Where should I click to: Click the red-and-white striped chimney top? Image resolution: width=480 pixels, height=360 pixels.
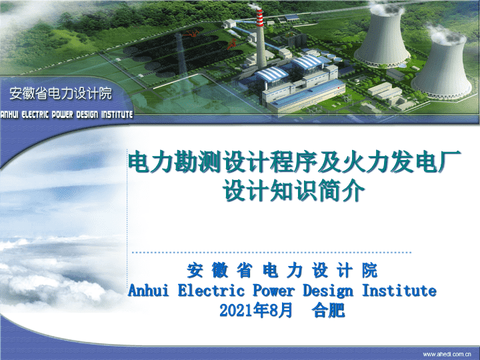259,18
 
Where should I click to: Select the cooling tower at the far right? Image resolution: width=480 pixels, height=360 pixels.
442,65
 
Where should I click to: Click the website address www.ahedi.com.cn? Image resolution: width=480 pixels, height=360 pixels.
447,354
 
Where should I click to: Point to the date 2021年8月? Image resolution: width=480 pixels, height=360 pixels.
256,310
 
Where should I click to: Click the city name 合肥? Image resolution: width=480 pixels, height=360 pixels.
328,310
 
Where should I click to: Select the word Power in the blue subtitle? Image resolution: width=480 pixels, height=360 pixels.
273,290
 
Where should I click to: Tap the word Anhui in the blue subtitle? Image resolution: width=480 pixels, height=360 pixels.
149,290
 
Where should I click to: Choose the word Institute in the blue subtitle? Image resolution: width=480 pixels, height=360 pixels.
399,290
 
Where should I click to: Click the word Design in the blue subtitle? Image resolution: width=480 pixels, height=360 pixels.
328,291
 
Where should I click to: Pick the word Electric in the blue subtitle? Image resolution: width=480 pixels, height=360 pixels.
211,290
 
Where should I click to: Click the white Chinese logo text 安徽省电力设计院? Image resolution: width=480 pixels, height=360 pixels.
61,93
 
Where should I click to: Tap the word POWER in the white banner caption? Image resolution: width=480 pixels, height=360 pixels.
62,115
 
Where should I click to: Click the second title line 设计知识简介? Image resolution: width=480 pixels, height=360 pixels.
294,191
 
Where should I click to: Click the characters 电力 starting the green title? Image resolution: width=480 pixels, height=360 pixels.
151,161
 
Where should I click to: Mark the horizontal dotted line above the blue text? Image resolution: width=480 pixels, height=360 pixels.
271,253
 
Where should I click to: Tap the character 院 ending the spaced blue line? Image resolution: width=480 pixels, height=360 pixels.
369,271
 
